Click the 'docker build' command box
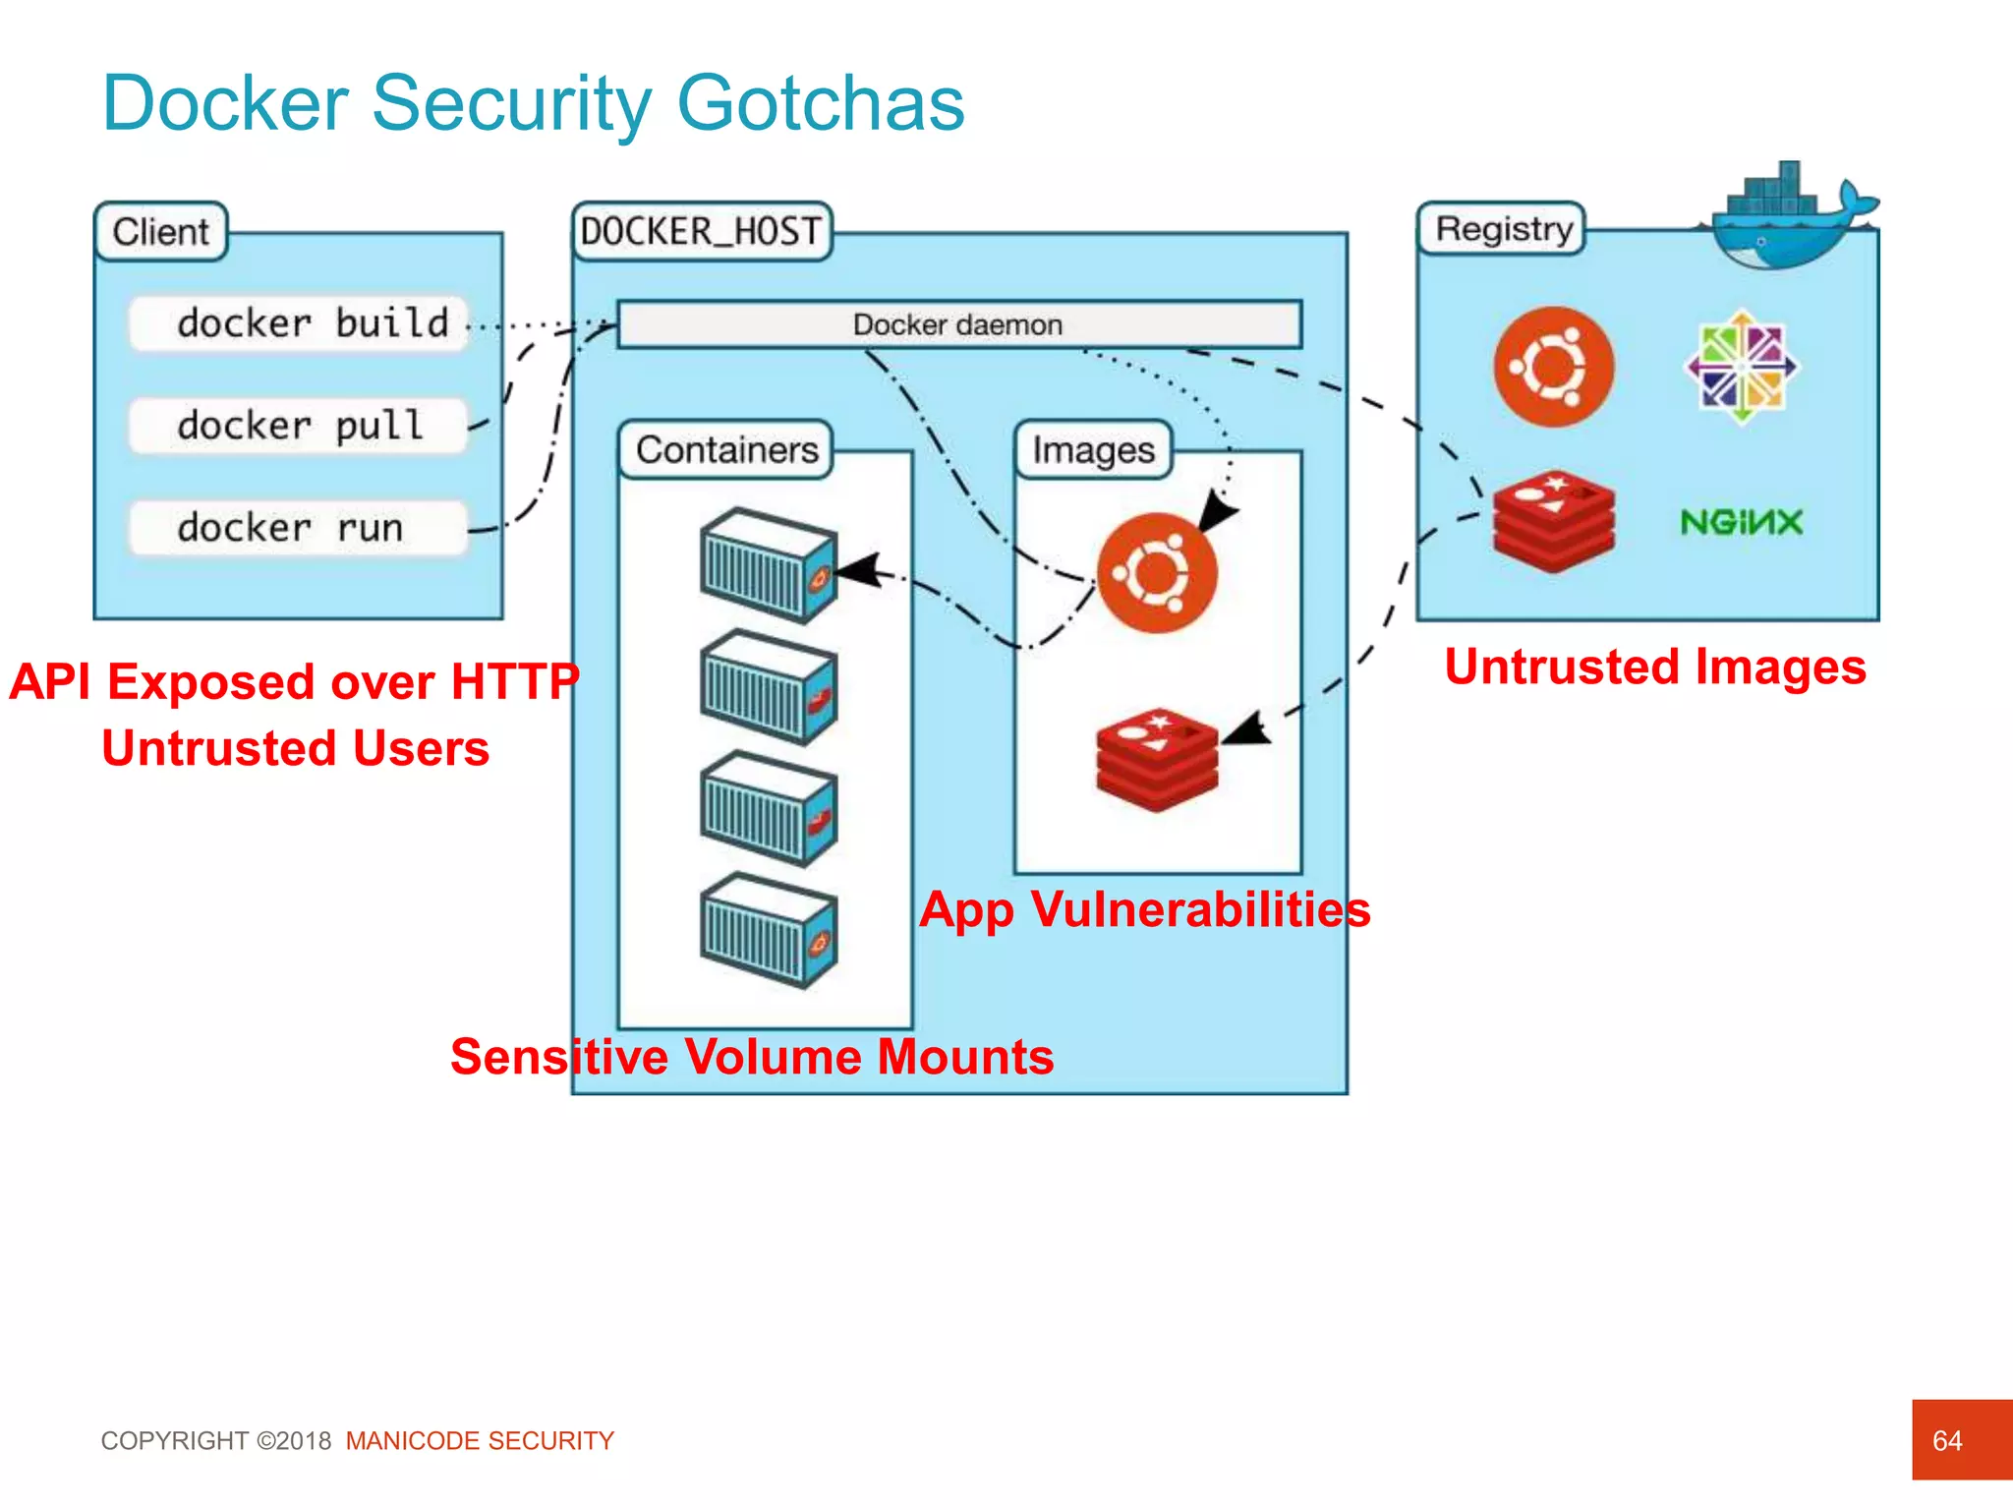299,323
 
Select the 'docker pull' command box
299,426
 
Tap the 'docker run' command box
299,528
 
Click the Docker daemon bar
958,324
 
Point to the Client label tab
161,232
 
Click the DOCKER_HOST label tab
702,232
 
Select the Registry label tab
1502,229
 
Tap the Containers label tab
726,450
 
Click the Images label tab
1093,450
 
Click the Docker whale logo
1784,218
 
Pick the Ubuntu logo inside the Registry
1553,367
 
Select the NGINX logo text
1741,522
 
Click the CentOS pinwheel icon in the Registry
1742,367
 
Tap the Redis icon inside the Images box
1157,759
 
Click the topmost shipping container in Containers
769,565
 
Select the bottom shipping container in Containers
769,930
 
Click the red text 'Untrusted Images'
1655,668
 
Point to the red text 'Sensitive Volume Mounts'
752,1057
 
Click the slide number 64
1947,1440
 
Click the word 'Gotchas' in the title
821,103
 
